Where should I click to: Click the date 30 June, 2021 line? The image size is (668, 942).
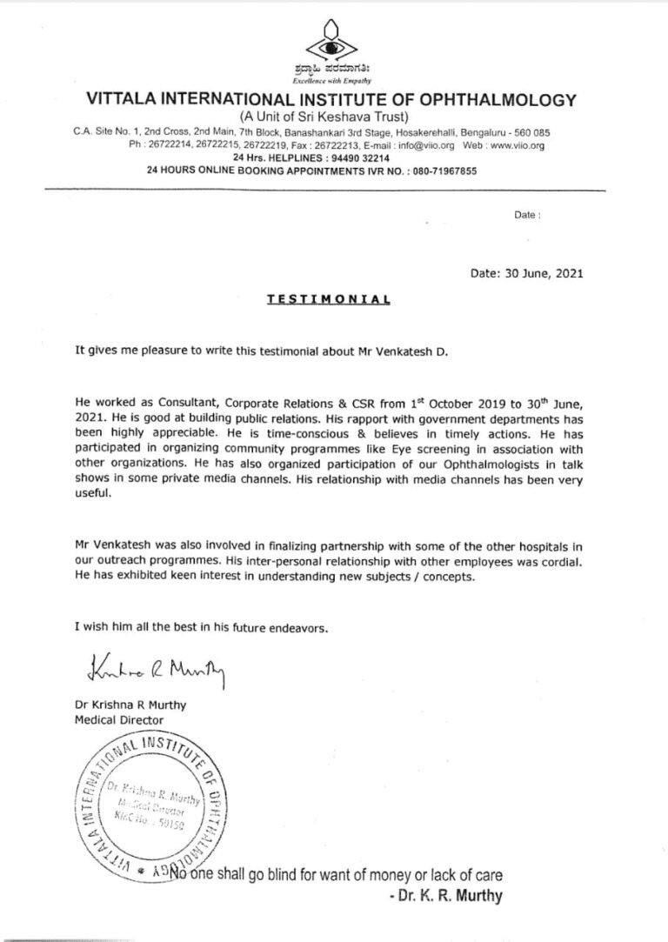point(526,272)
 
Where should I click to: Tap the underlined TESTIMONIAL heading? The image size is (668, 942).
point(328,297)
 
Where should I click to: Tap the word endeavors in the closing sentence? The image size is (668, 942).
point(318,626)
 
